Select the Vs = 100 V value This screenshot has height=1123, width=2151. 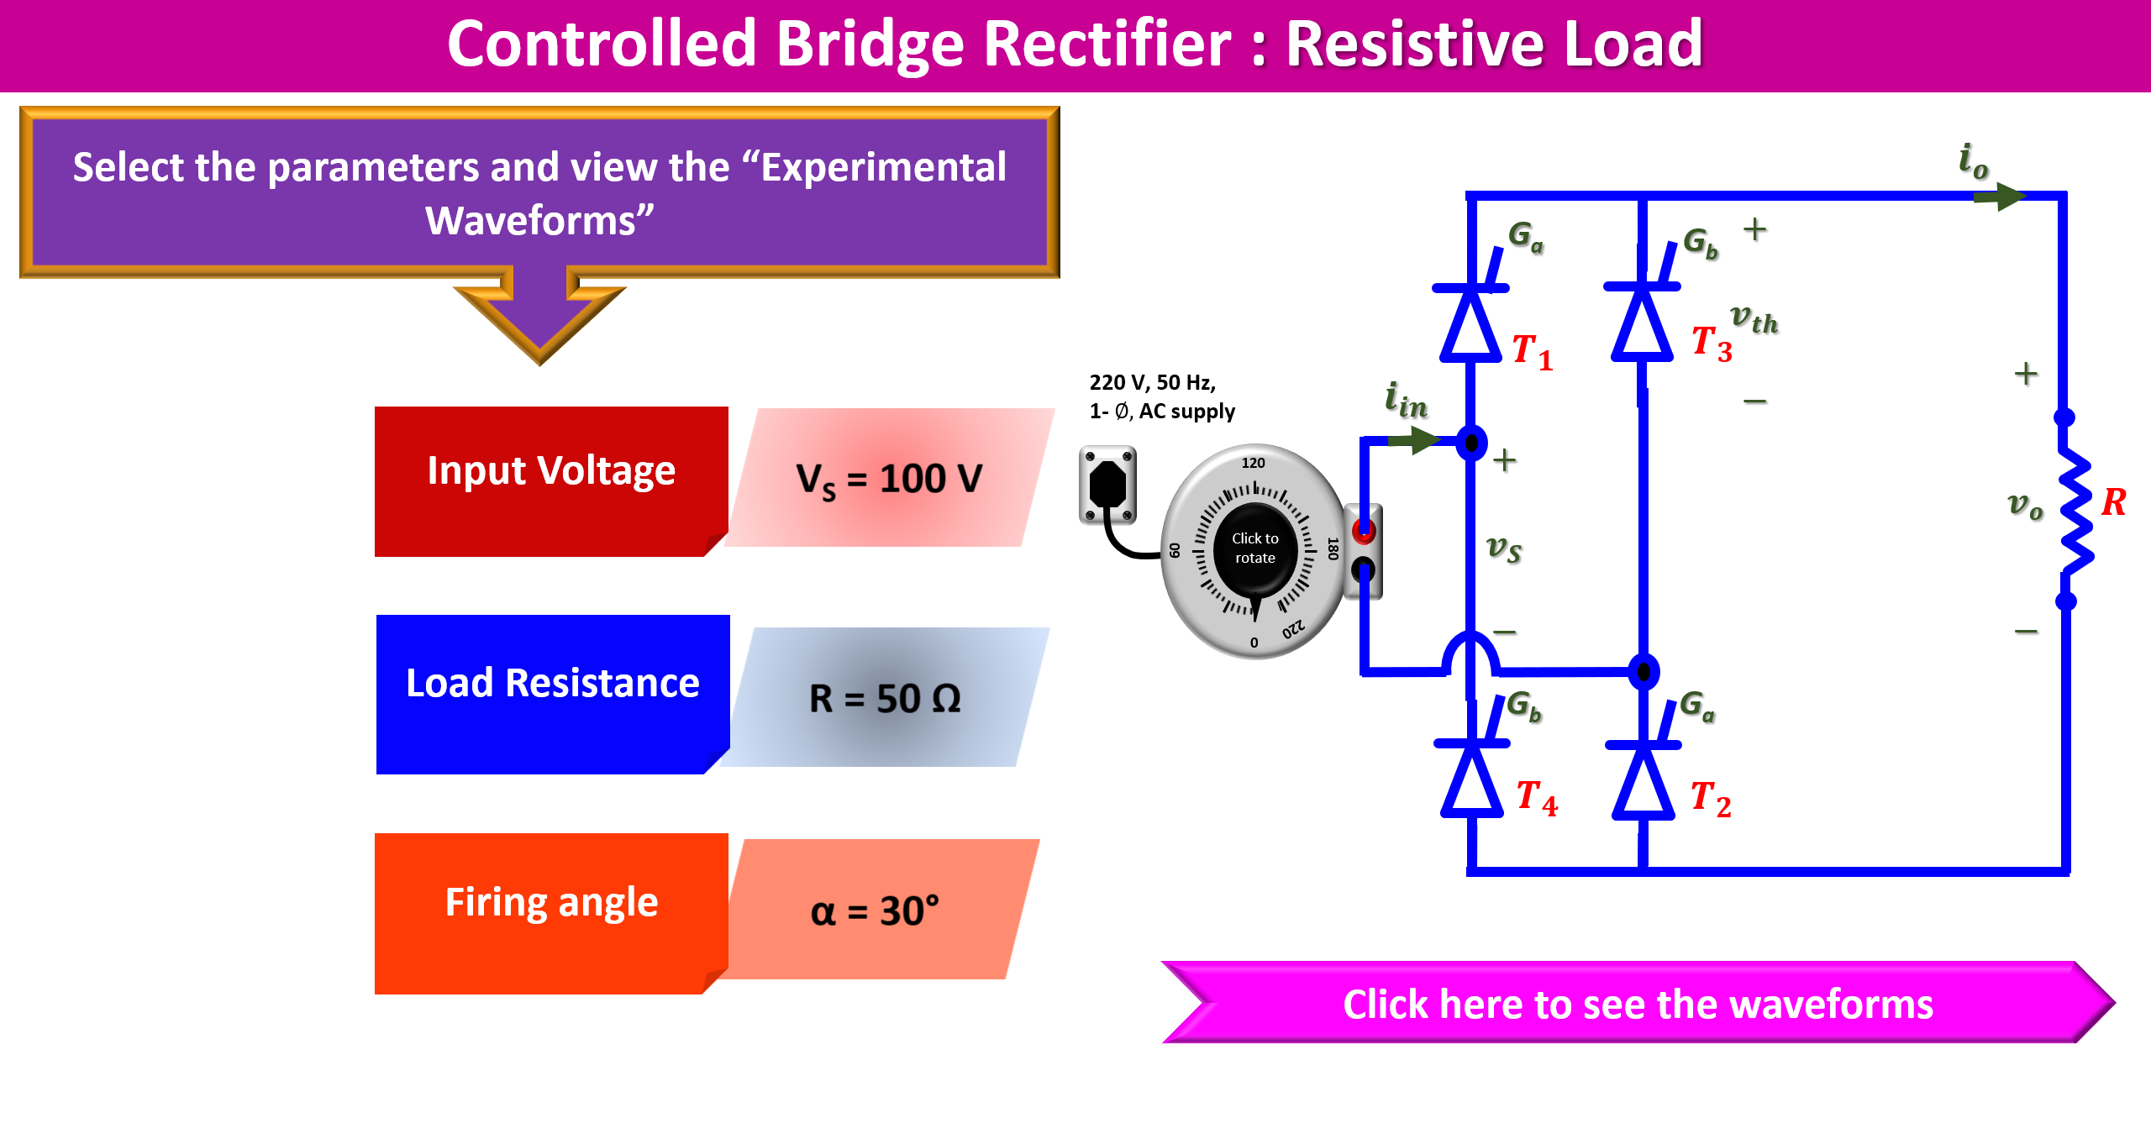tap(889, 479)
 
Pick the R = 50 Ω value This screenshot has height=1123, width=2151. tap(885, 698)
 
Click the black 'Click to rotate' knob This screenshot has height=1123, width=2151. tap(1254, 548)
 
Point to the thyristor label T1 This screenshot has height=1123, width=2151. tap(1532, 352)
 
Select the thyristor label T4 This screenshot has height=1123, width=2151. tap(1537, 797)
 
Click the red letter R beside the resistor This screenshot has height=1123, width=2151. tap(2113, 502)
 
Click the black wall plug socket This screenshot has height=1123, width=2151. tap(1107, 485)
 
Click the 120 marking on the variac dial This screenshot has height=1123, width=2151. tap(1253, 463)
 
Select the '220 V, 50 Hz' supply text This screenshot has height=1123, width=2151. tap(1152, 383)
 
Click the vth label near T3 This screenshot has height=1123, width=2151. tap(1754, 319)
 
